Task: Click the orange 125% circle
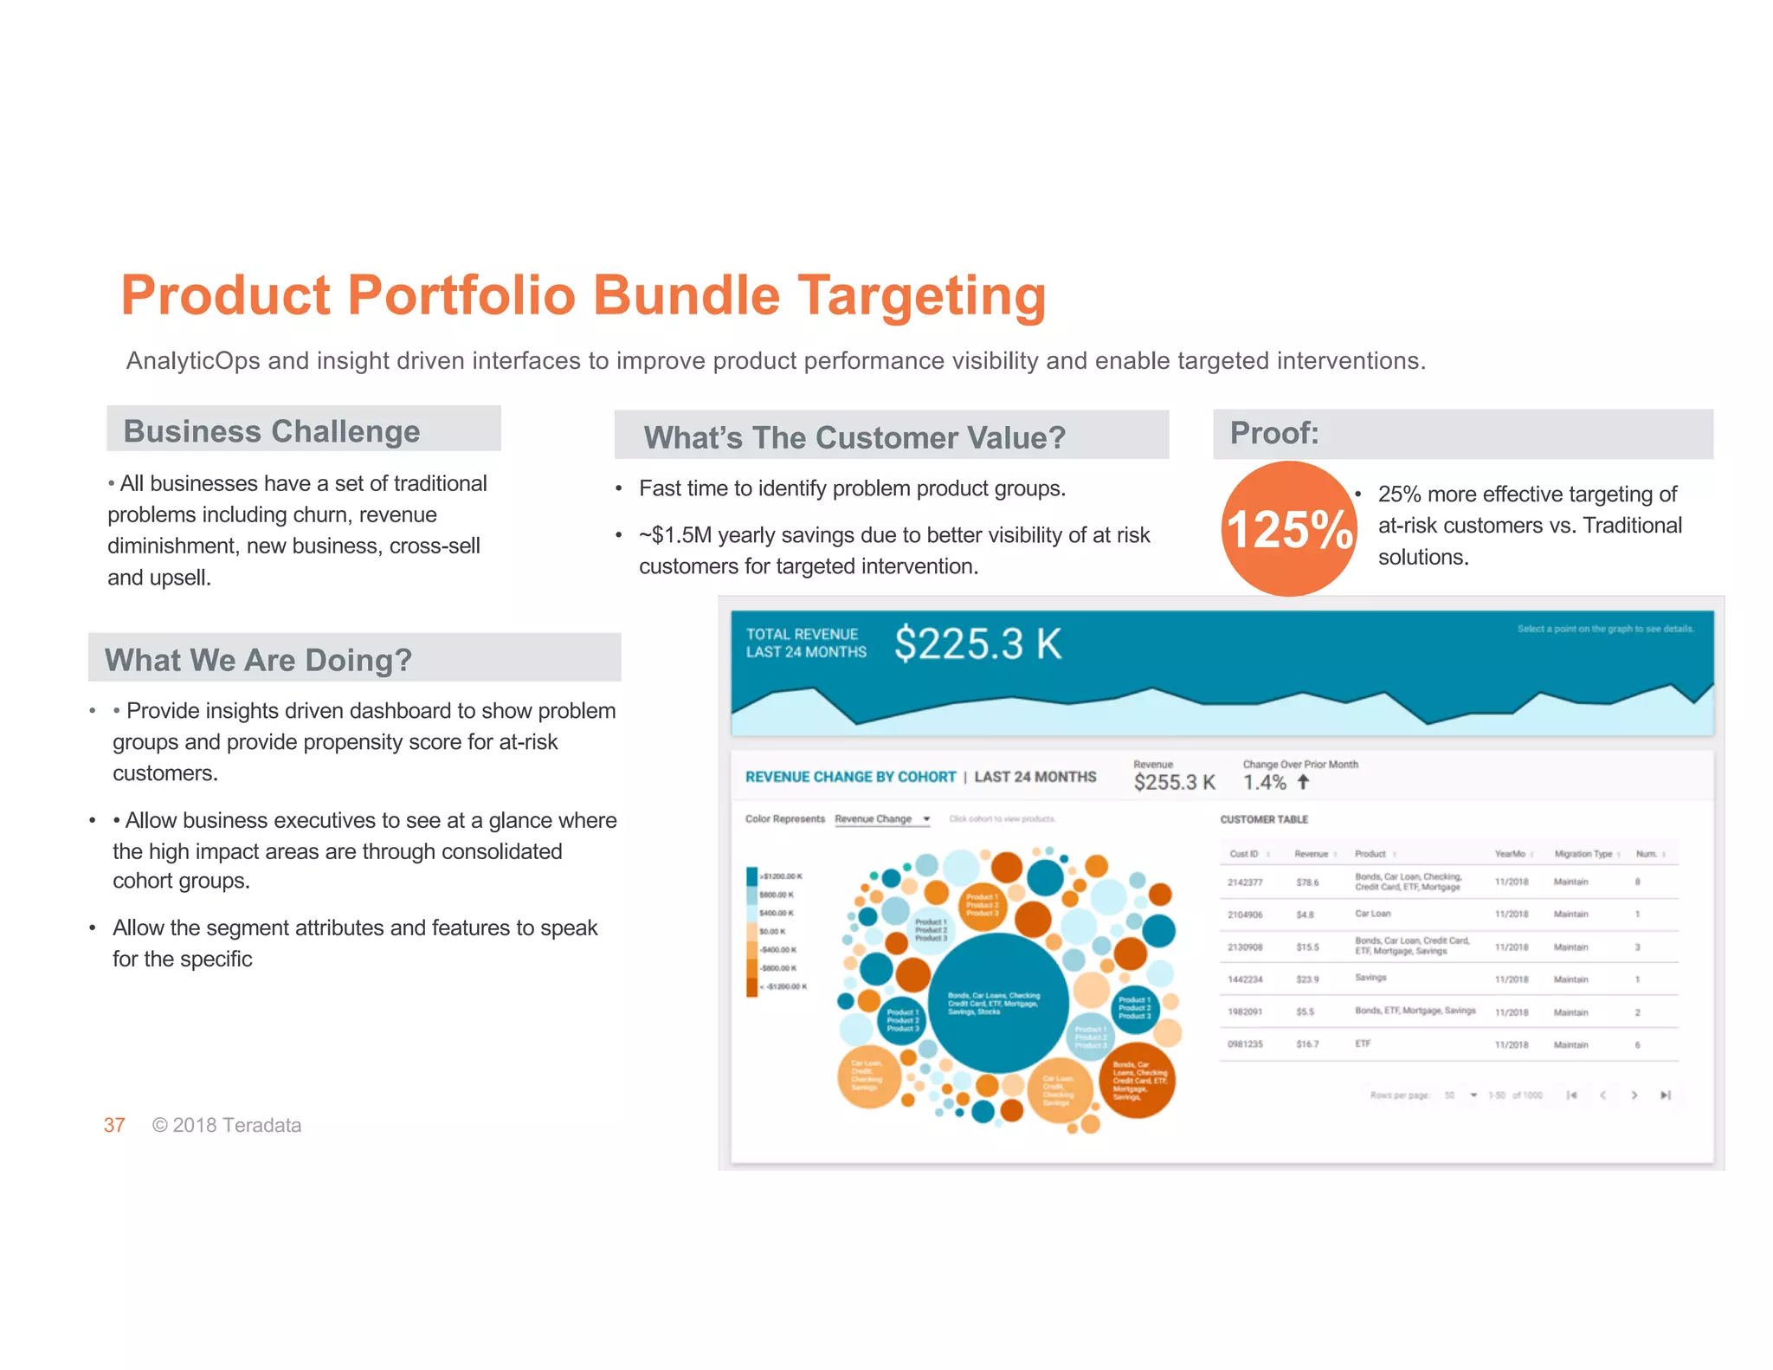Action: pos(1289,528)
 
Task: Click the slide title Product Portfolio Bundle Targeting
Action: pos(583,295)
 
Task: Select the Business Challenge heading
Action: pos(272,430)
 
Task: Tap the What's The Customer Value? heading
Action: pos(854,436)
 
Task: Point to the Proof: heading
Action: pos(1274,432)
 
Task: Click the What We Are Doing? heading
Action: pos(258,660)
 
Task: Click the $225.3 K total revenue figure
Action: pos(977,643)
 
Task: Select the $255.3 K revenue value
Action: pos(1174,782)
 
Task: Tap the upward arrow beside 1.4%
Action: pos(1304,782)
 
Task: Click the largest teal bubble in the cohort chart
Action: pos(997,1002)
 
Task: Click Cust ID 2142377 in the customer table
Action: pos(1245,882)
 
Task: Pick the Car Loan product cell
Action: pos(1373,914)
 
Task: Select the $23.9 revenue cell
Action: pos(1307,979)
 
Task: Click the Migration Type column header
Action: pos(1583,854)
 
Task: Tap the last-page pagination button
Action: pos(1665,1095)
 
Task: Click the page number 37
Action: pos(114,1125)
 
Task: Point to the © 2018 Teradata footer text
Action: pos(227,1125)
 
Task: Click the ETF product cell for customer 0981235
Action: pos(1363,1044)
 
